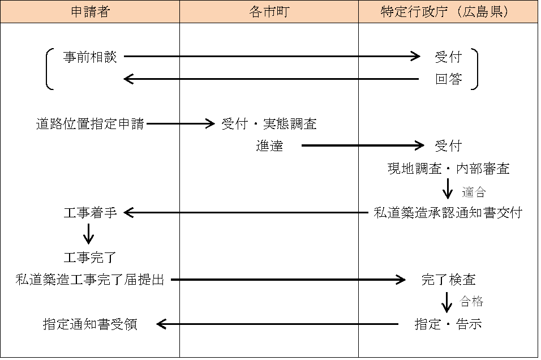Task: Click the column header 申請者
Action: tap(90, 12)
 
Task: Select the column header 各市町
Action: tap(269, 12)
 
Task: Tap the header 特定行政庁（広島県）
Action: tap(448, 12)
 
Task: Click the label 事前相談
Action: tap(90, 57)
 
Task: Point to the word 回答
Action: tap(448, 79)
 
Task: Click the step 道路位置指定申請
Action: tap(90, 124)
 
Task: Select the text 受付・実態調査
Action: tap(269, 124)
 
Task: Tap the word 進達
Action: tap(269, 146)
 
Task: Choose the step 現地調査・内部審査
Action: tap(448, 168)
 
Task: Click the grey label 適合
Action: tap(474, 192)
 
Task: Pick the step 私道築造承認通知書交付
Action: tap(448, 213)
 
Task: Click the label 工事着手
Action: tap(90, 213)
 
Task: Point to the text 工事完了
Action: tap(90, 258)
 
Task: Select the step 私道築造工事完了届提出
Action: tap(90, 280)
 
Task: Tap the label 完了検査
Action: tap(448, 280)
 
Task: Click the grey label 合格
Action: tap(472, 302)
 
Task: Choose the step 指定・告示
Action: tap(448, 324)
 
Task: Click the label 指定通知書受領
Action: tap(90, 324)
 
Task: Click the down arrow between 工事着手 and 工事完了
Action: tap(88, 234)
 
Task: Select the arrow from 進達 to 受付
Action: tap(362, 146)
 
